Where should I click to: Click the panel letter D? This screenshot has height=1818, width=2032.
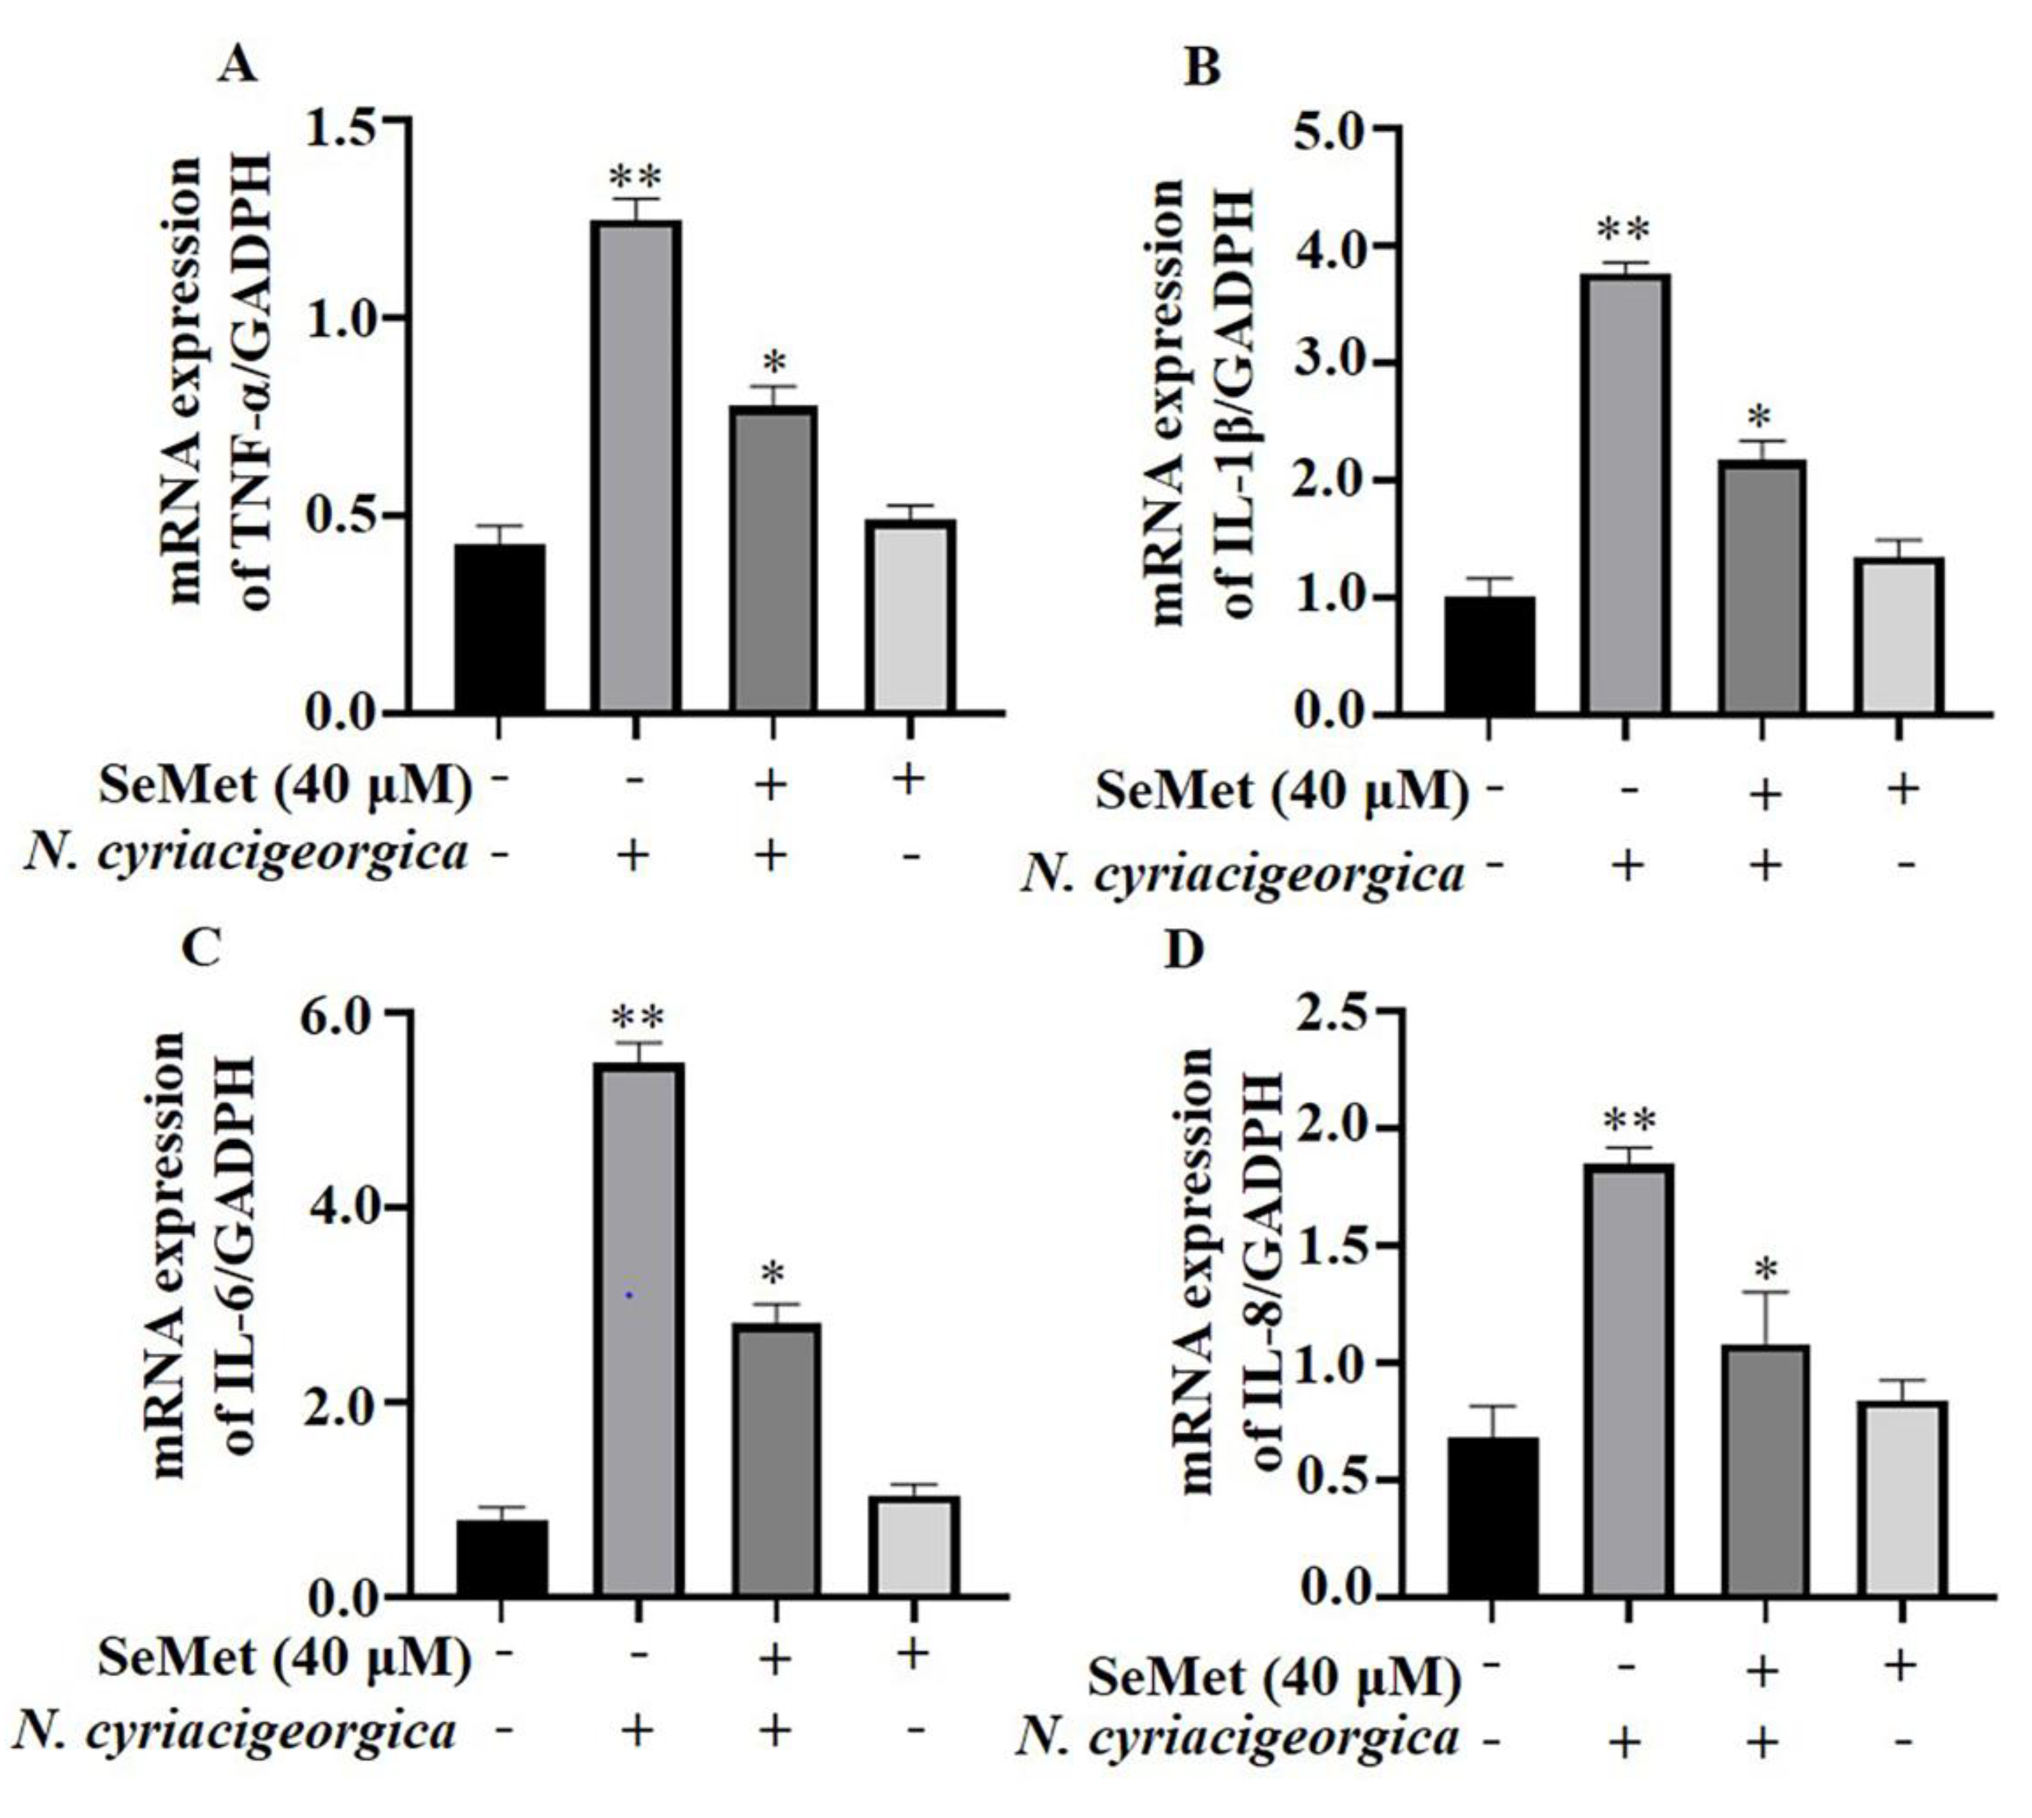(1186, 951)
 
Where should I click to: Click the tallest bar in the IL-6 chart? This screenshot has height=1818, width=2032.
(639, 1329)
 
